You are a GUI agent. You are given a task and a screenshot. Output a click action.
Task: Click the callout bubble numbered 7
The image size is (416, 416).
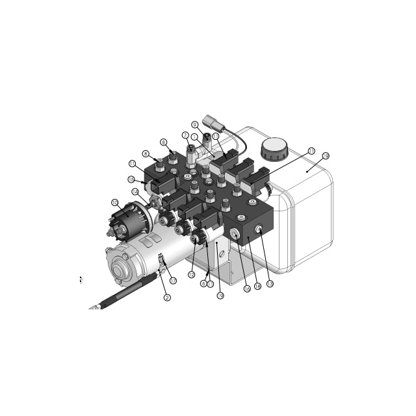[x=185, y=135]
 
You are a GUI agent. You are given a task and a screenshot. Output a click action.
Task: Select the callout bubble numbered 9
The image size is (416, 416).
[x=194, y=124]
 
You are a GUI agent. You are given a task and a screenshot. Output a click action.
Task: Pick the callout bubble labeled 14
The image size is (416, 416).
[x=135, y=192]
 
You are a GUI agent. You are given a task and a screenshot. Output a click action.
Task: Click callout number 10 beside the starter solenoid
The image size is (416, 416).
[x=114, y=203]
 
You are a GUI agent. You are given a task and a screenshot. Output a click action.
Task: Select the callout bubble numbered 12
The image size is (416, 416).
[x=191, y=274]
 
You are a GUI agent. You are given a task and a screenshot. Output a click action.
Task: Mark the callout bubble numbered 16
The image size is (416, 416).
[x=246, y=289]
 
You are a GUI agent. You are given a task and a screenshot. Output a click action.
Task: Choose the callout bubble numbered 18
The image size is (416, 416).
[x=257, y=287]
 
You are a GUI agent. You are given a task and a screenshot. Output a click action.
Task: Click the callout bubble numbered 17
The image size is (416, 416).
[x=173, y=280]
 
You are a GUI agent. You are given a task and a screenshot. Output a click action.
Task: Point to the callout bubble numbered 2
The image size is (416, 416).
[x=167, y=298]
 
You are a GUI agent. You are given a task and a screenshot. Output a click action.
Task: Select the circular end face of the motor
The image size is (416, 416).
[x=120, y=267]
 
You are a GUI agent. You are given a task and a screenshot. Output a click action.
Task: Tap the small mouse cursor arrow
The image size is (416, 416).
[x=81, y=280]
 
